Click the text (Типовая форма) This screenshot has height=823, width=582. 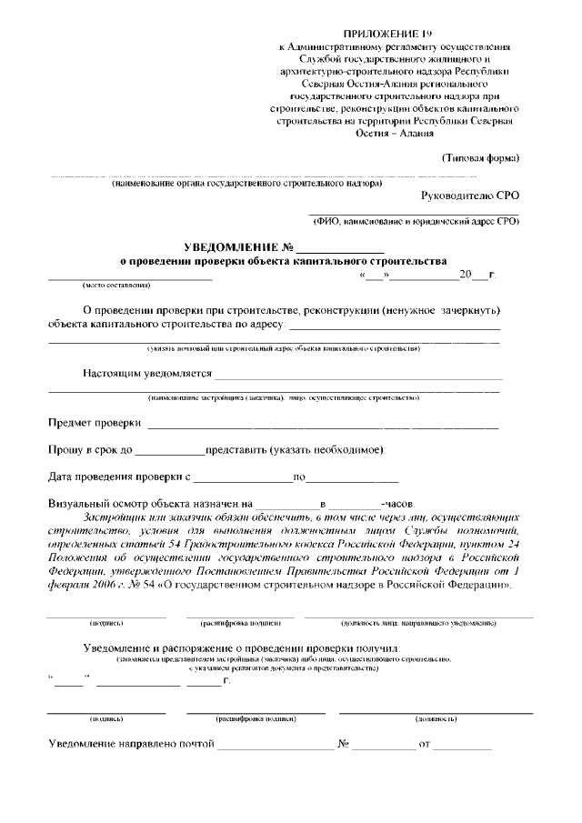(480, 157)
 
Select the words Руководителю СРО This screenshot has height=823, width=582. (470, 196)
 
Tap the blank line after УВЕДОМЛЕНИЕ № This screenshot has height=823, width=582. (340, 249)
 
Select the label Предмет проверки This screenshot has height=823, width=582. (95, 424)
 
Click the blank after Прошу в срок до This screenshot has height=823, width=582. (170, 451)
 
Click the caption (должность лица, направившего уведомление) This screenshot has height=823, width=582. (418, 624)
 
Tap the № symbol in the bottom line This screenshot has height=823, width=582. (345, 745)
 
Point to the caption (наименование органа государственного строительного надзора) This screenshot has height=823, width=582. (246, 184)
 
